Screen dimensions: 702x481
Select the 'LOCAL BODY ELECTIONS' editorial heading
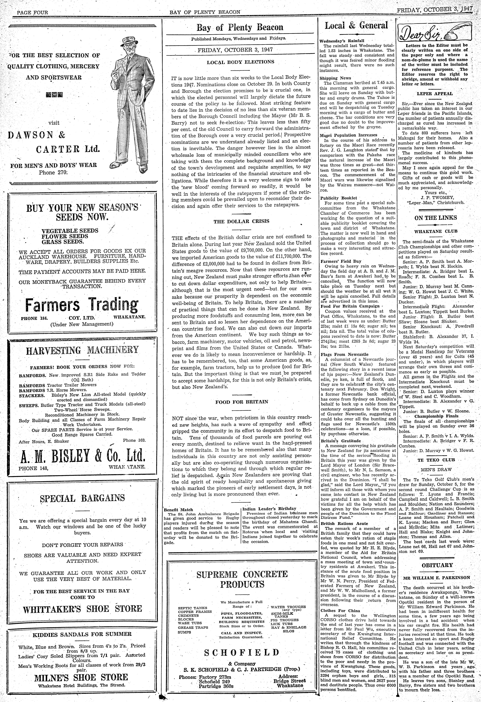240,62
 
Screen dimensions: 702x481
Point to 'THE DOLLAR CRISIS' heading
241,221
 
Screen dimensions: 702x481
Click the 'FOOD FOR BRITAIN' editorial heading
241,402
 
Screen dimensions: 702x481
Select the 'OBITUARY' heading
437,565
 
